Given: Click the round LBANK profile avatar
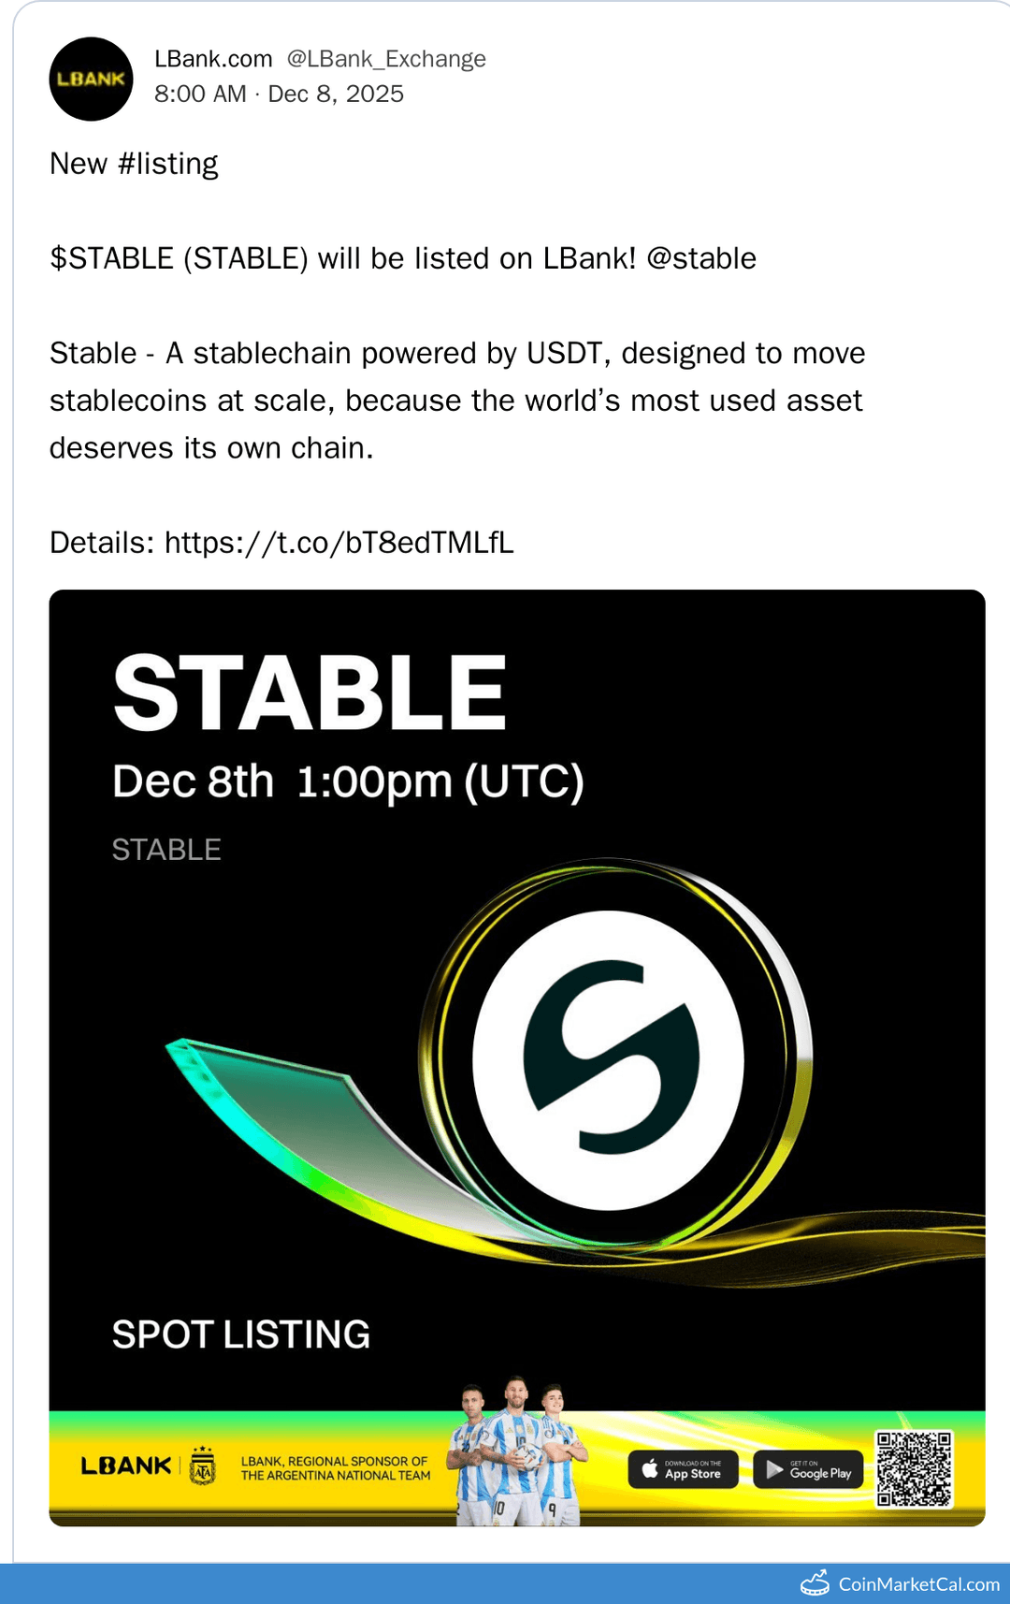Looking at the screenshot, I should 91,79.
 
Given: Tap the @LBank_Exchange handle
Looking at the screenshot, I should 386,59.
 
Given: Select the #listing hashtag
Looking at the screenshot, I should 168,164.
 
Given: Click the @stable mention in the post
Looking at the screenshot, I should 700,258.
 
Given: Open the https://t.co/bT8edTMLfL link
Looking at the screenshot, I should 339,543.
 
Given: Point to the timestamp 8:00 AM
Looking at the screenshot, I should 200,94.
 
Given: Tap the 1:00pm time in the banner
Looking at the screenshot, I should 374,781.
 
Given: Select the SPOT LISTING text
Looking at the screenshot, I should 241,1334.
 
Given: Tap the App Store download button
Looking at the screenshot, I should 683,1469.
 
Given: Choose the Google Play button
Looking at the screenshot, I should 808,1469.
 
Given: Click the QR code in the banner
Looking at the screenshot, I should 914,1468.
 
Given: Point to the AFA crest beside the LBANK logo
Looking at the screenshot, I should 203,1465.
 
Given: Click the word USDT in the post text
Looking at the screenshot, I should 564,353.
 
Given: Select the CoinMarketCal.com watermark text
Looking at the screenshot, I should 918,1583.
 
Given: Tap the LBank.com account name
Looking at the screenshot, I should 213,59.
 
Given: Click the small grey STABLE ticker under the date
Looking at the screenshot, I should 166,850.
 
